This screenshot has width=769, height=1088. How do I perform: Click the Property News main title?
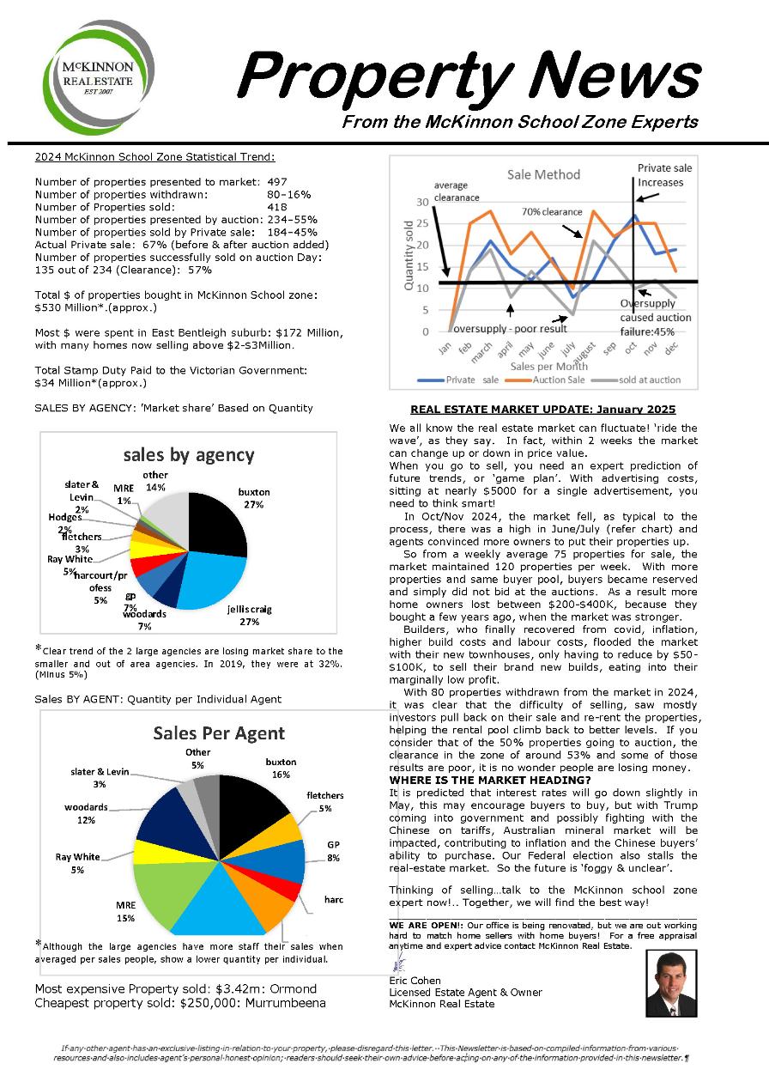[x=468, y=76]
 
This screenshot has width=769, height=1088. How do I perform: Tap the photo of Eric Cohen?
[x=670, y=982]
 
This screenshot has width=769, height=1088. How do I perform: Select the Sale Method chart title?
[x=543, y=174]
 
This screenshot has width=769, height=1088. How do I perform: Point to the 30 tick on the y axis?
[x=421, y=202]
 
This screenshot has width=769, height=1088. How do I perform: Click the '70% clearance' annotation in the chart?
[x=553, y=211]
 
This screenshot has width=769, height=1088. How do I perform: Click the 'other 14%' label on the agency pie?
[x=155, y=481]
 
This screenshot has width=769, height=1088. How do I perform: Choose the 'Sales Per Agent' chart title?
[x=219, y=732]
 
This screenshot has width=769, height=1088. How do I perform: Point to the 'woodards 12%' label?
[x=86, y=813]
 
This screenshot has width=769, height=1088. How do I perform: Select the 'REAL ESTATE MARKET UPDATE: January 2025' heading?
[x=542, y=410]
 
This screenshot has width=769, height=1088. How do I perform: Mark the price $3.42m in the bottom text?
[x=245, y=988]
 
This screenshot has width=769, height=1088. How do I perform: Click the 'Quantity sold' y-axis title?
[x=408, y=255]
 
